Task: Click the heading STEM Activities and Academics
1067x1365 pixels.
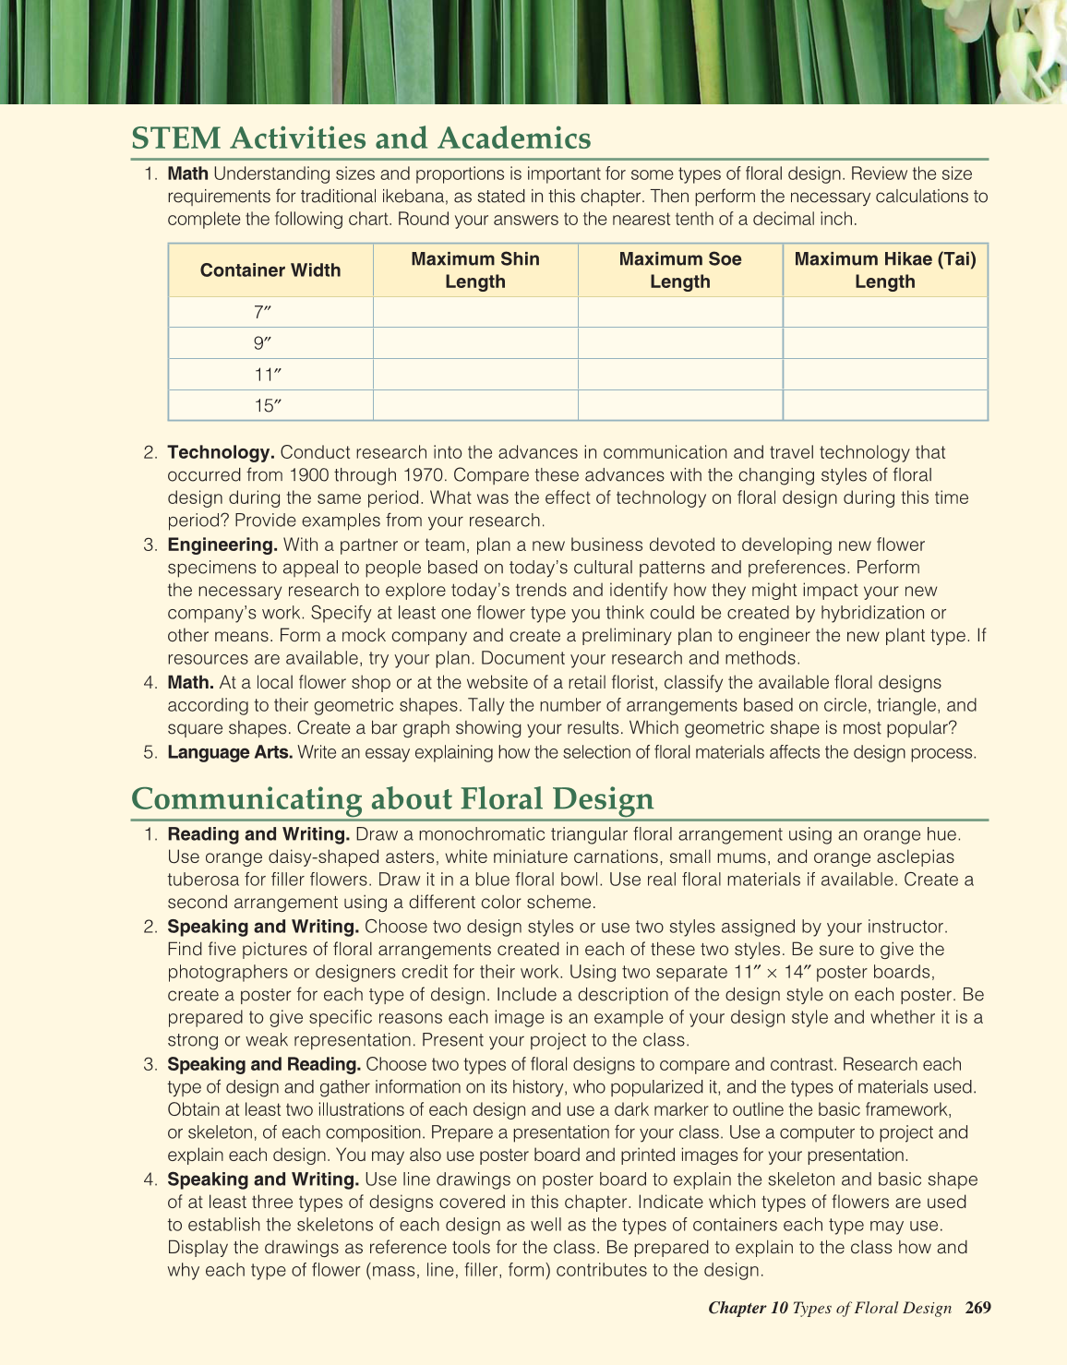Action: point(361,138)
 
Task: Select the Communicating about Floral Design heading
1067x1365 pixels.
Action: point(392,798)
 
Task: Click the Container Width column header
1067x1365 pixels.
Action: point(270,270)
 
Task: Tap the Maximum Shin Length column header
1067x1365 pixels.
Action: point(475,270)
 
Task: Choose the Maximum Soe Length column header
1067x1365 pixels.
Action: point(680,270)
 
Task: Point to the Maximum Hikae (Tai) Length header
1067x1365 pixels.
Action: point(885,270)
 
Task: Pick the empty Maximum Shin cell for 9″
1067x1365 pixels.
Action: point(475,343)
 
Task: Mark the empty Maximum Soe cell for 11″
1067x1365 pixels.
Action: point(680,375)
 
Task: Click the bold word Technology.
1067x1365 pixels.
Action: point(221,452)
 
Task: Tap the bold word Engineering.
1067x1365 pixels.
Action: point(222,545)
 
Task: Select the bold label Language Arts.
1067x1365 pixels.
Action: point(230,752)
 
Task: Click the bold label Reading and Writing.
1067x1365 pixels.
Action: point(258,834)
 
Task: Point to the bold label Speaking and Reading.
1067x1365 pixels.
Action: point(264,1064)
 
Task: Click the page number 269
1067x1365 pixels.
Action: point(977,1308)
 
